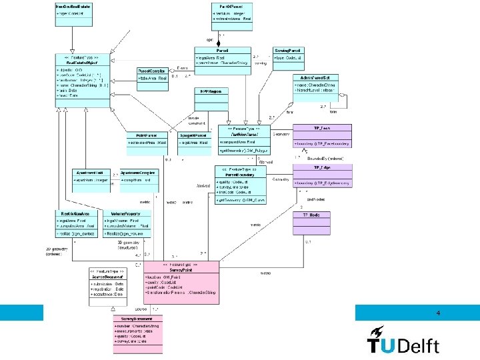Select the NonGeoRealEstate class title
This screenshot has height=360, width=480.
[x=74, y=6]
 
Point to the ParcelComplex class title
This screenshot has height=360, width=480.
[x=153, y=70]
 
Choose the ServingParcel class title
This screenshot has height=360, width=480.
[x=288, y=50]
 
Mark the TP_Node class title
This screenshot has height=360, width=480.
[x=311, y=215]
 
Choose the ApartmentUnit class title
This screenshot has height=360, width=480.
[x=89, y=172]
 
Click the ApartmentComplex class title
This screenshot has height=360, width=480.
[x=138, y=172]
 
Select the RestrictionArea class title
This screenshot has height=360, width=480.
[x=73, y=213]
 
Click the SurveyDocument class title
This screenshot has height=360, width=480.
[x=141, y=319]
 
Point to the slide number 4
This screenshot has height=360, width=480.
[x=438, y=313]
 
